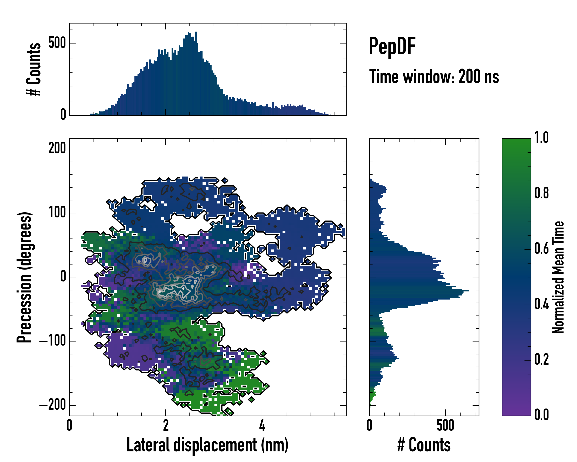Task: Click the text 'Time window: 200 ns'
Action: pyautogui.click(x=434, y=77)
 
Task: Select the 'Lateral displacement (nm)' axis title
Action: pyautogui.click(x=207, y=445)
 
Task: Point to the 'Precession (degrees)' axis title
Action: pyautogui.click(x=25, y=277)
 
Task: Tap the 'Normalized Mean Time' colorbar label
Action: pyautogui.click(x=558, y=277)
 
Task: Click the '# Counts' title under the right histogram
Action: pyautogui.click(x=424, y=445)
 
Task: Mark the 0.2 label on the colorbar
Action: pyautogui.click(x=541, y=359)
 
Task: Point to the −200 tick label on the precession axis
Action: pyautogui.click(x=53, y=405)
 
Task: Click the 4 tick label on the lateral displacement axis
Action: pyautogui.click(x=262, y=425)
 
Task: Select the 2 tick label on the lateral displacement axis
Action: pyautogui.click(x=166, y=425)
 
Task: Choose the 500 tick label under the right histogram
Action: pyautogui.click(x=445, y=425)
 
